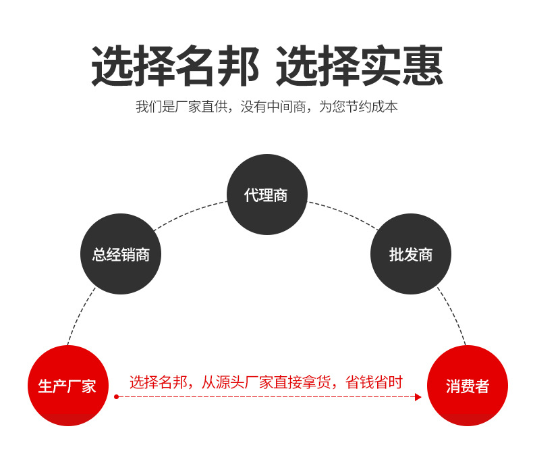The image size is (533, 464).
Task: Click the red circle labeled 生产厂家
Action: click(x=67, y=386)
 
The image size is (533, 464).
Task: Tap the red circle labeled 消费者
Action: click(x=468, y=386)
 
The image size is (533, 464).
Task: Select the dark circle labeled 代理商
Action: click(x=266, y=195)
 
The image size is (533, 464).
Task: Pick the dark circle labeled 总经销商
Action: click(x=121, y=254)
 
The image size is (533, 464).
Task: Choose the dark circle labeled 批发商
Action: click(x=411, y=254)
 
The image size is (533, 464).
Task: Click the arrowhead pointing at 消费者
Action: click(x=418, y=397)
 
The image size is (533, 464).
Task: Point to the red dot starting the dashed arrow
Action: click(x=116, y=397)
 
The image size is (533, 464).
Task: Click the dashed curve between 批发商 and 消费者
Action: click(x=453, y=314)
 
